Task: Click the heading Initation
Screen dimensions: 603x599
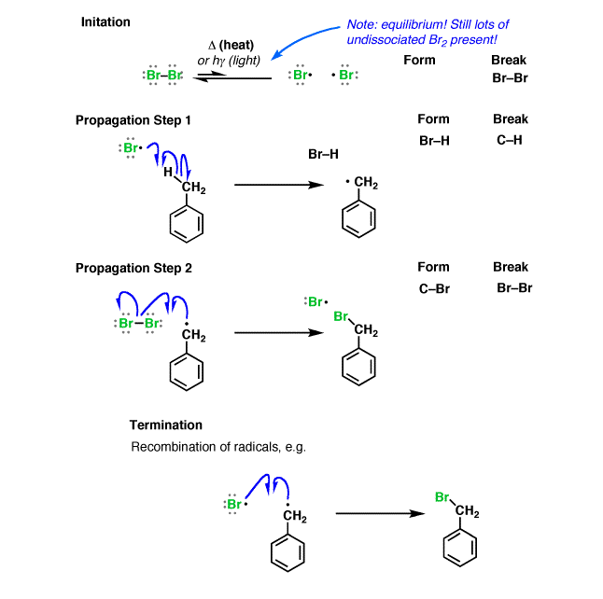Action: pyautogui.click(x=105, y=21)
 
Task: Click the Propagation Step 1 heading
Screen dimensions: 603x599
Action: pyautogui.click(x=133, y=120)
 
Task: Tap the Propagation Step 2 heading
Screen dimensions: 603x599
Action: pyautogui.click(x=133, y=268)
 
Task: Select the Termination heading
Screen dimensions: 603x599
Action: pyautogui.click(x=166, y=425)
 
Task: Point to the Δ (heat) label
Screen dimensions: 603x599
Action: pyautogui.click(x=231, y=45)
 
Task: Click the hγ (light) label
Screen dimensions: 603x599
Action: pyautogui.click(x=236, y=61)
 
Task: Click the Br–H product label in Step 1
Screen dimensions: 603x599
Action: pyautogui.click(x=323, y=154)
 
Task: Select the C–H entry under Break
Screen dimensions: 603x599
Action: pyautogui.click(x=509, y=140)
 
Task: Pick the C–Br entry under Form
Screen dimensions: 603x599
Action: pyautogui.click(x=434, y=288)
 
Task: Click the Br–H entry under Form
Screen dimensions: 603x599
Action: pyautogui.click(x=434, y=141)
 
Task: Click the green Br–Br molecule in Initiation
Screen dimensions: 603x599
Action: pyautogui.click(x=163, y=75)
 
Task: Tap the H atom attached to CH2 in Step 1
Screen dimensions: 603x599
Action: pyautogui.click(x=168, y=172)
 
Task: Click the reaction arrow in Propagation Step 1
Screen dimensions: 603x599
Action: pyautogui.click(x=279, y=185)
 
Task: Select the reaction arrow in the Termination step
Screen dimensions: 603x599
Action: pyautogui.click(x=380, y=513)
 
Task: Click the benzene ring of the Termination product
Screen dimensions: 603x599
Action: pyautogui.click(x=460, y=548)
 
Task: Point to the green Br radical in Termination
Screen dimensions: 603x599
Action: pyautogui.click(x=235, y=504)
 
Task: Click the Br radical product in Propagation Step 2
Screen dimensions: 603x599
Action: pyautogui.click(x=316, y=301)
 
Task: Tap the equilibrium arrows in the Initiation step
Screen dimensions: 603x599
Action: pyautogui.click(x=232, y=77)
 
